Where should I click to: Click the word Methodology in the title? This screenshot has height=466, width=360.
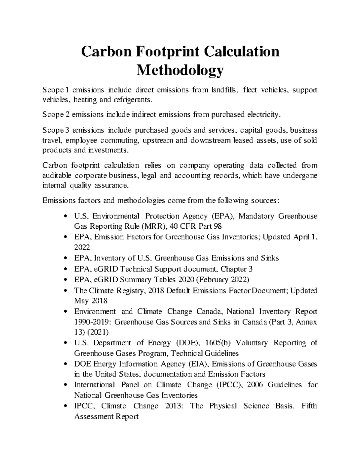point(180,71)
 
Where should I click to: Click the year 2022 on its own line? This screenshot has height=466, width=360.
point(82,247)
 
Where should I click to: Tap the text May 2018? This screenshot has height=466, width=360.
point(90,301)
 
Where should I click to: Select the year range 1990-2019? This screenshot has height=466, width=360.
point(92,322)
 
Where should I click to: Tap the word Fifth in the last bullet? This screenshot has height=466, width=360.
point(309,406)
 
